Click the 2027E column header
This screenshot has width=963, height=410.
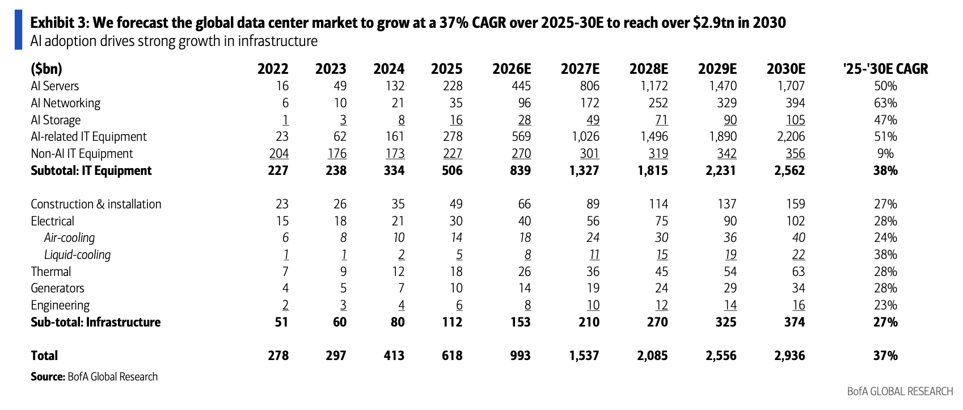click(x=580, y=69)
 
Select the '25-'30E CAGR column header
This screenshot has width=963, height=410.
click(x=886, y=69)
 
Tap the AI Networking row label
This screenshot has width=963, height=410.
click(x=65, y=103)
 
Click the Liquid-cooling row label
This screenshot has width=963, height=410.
click(x=77, y=255)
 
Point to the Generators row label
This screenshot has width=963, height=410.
click(x=58, y=288)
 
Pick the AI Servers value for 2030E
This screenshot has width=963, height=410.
click(x=791, y=86)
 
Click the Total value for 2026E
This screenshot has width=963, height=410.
click(x=520, y=355)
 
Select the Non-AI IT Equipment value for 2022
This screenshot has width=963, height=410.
click(x=278, y=154)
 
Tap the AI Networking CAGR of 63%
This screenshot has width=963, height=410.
click(x=886, y=103)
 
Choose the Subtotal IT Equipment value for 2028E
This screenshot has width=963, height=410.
click(x=653, y=170)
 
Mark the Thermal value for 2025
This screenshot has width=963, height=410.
click(x=456, y=272)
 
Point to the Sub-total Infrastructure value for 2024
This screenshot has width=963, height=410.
click(x=398, y=322)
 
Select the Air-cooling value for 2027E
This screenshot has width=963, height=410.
click(x=593, y=238)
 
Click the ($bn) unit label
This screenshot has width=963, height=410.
click(x=47, y=69)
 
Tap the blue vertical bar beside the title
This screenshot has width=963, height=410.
click(x=19, y=30)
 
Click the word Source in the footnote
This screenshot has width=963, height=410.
click(x=47, y=377)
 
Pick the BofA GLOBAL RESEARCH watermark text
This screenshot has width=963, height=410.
click(x=900, y=391)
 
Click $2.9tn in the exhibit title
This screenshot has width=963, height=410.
click(x=713, y=22)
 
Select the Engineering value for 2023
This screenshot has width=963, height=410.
click(x=343, y=306)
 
